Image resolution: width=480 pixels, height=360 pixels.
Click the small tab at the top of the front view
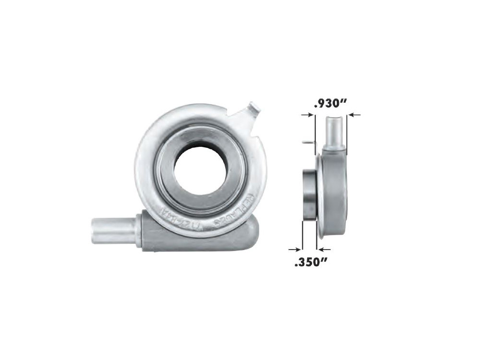pos(254,109)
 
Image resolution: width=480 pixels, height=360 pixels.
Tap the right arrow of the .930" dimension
pos(353,115)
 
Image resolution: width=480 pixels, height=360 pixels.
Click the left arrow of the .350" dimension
pos(295,249)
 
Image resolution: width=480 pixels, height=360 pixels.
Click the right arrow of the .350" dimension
pos(324,249)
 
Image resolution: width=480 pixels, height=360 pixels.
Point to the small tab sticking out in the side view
pos(308,142)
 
